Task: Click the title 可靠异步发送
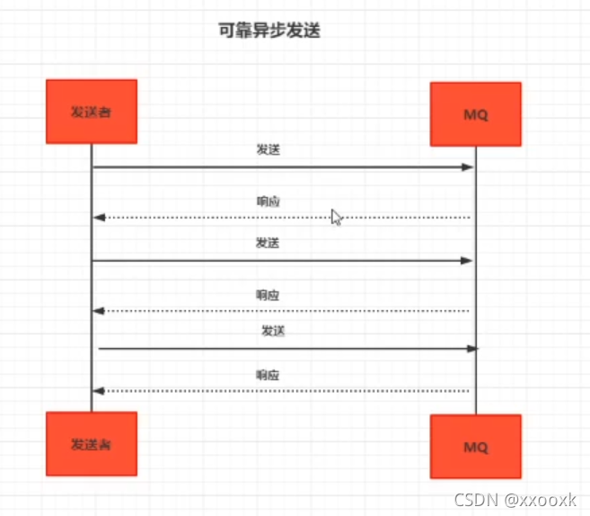click(x=269, y=31)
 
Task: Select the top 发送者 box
click(x=92, y=111)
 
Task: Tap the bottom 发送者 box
click(x=92, y=444)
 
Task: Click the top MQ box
click(x=476, y=114)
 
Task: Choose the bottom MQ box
click(x=476, y=447)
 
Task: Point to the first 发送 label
click(x=268, y=150)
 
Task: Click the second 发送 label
click(x=268, y=243)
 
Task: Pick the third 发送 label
click(x=273, y=331)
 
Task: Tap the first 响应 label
click(x=268, y=201)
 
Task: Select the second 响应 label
click(x=268, y=295)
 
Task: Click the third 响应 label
click(x=268, y=375)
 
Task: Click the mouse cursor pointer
click(x=336, y=217)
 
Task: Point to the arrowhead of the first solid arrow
click(x=468, y=167)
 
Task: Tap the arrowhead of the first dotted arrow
click(x=100, y=218)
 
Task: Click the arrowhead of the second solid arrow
click(x=468, y=261)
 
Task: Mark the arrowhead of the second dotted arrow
click(x=100, y=311)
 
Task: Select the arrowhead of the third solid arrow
click(x=472, y=348)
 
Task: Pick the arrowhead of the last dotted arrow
click(x=100, y=391)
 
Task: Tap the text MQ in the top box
click(x=476, y=115)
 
